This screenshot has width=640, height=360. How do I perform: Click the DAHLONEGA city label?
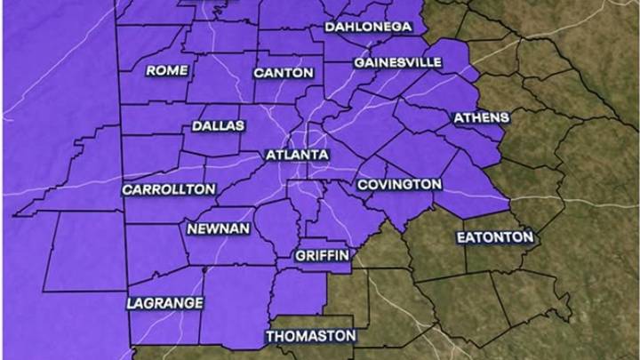pyautogui.click(x=368, y=27)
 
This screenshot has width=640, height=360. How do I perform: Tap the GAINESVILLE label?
pyautogui.click(x=397, y=63)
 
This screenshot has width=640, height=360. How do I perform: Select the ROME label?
pyautogui.click(x=167, y=70)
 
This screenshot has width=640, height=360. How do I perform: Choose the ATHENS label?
pyautogui.click(x=481, y=117)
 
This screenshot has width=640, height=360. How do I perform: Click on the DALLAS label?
pyautogui.click(x=218, y=126)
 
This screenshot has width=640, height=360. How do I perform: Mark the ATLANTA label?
pyautogui.click(x=297, y=156)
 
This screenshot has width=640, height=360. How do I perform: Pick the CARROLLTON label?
pyautogui.click(x=169, y=189)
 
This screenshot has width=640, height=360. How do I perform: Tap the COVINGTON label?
pyautogui.click(x=399, y=184)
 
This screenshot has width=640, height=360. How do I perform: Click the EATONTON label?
pyautogui.click(x=495, y=237)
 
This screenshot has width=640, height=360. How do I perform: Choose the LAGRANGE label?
pyautogui.click(x=165, y=303)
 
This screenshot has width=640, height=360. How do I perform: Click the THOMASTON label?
pyautogui.click(x=311, y=337)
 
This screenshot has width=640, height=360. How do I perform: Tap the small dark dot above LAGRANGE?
pyautogui.click(x=204, y=268)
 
